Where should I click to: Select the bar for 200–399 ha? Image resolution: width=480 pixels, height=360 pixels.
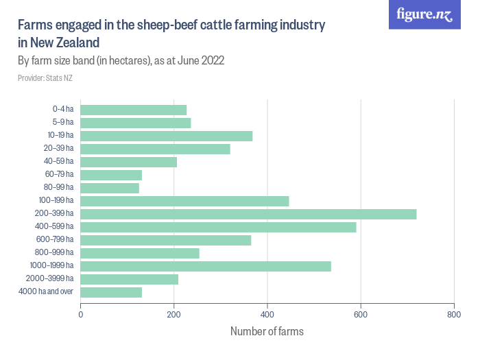(x=248, y=214)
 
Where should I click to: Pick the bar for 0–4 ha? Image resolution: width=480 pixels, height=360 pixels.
(x=134, y=110)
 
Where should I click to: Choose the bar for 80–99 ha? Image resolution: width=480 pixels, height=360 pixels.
(x=110, y=188)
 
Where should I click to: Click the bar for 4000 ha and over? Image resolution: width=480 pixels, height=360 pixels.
(x=111, y=292)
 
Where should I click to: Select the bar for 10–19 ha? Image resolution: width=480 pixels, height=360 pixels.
(x=167, y=136)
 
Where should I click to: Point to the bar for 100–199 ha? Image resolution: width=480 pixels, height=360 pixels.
(x=184, y=201)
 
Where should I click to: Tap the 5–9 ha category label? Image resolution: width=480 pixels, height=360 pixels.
(x=62, y=123)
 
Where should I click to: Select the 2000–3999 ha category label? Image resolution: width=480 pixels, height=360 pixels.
(x=51, y=279)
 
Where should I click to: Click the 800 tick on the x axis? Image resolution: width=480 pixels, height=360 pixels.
(x=453, y=315)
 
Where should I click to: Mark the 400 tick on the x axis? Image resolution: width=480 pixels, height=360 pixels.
(x=267, y=315)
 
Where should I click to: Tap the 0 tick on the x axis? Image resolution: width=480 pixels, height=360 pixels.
(x=81, y=315)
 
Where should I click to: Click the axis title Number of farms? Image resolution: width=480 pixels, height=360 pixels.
(x=267, y=332)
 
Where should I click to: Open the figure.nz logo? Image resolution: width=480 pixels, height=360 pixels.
(x=424, y=15)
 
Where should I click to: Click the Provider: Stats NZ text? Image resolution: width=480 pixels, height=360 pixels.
(x=45, y=78)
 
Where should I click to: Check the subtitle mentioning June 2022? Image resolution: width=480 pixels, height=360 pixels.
(x=121, y=60)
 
